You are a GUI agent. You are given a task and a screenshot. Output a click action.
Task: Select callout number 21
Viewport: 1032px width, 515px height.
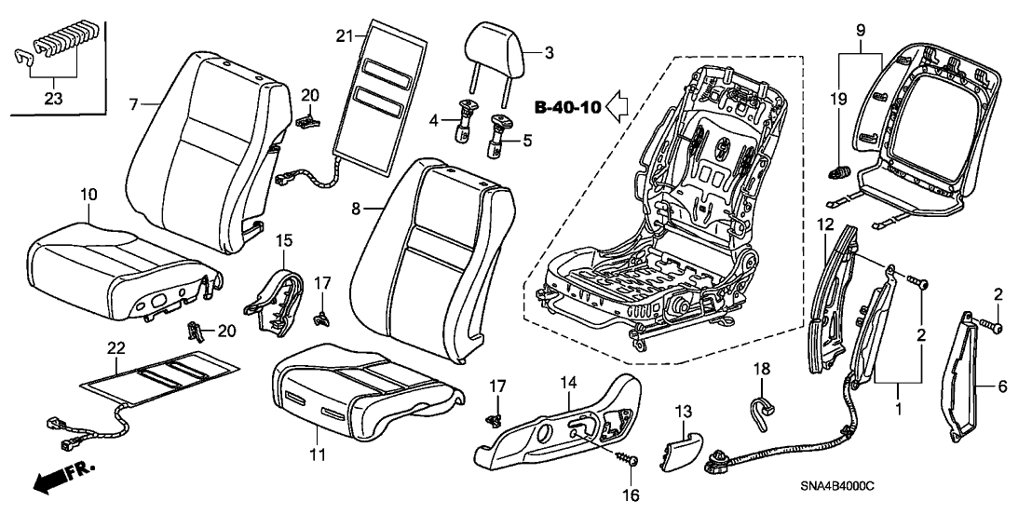(x=346, y=35)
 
